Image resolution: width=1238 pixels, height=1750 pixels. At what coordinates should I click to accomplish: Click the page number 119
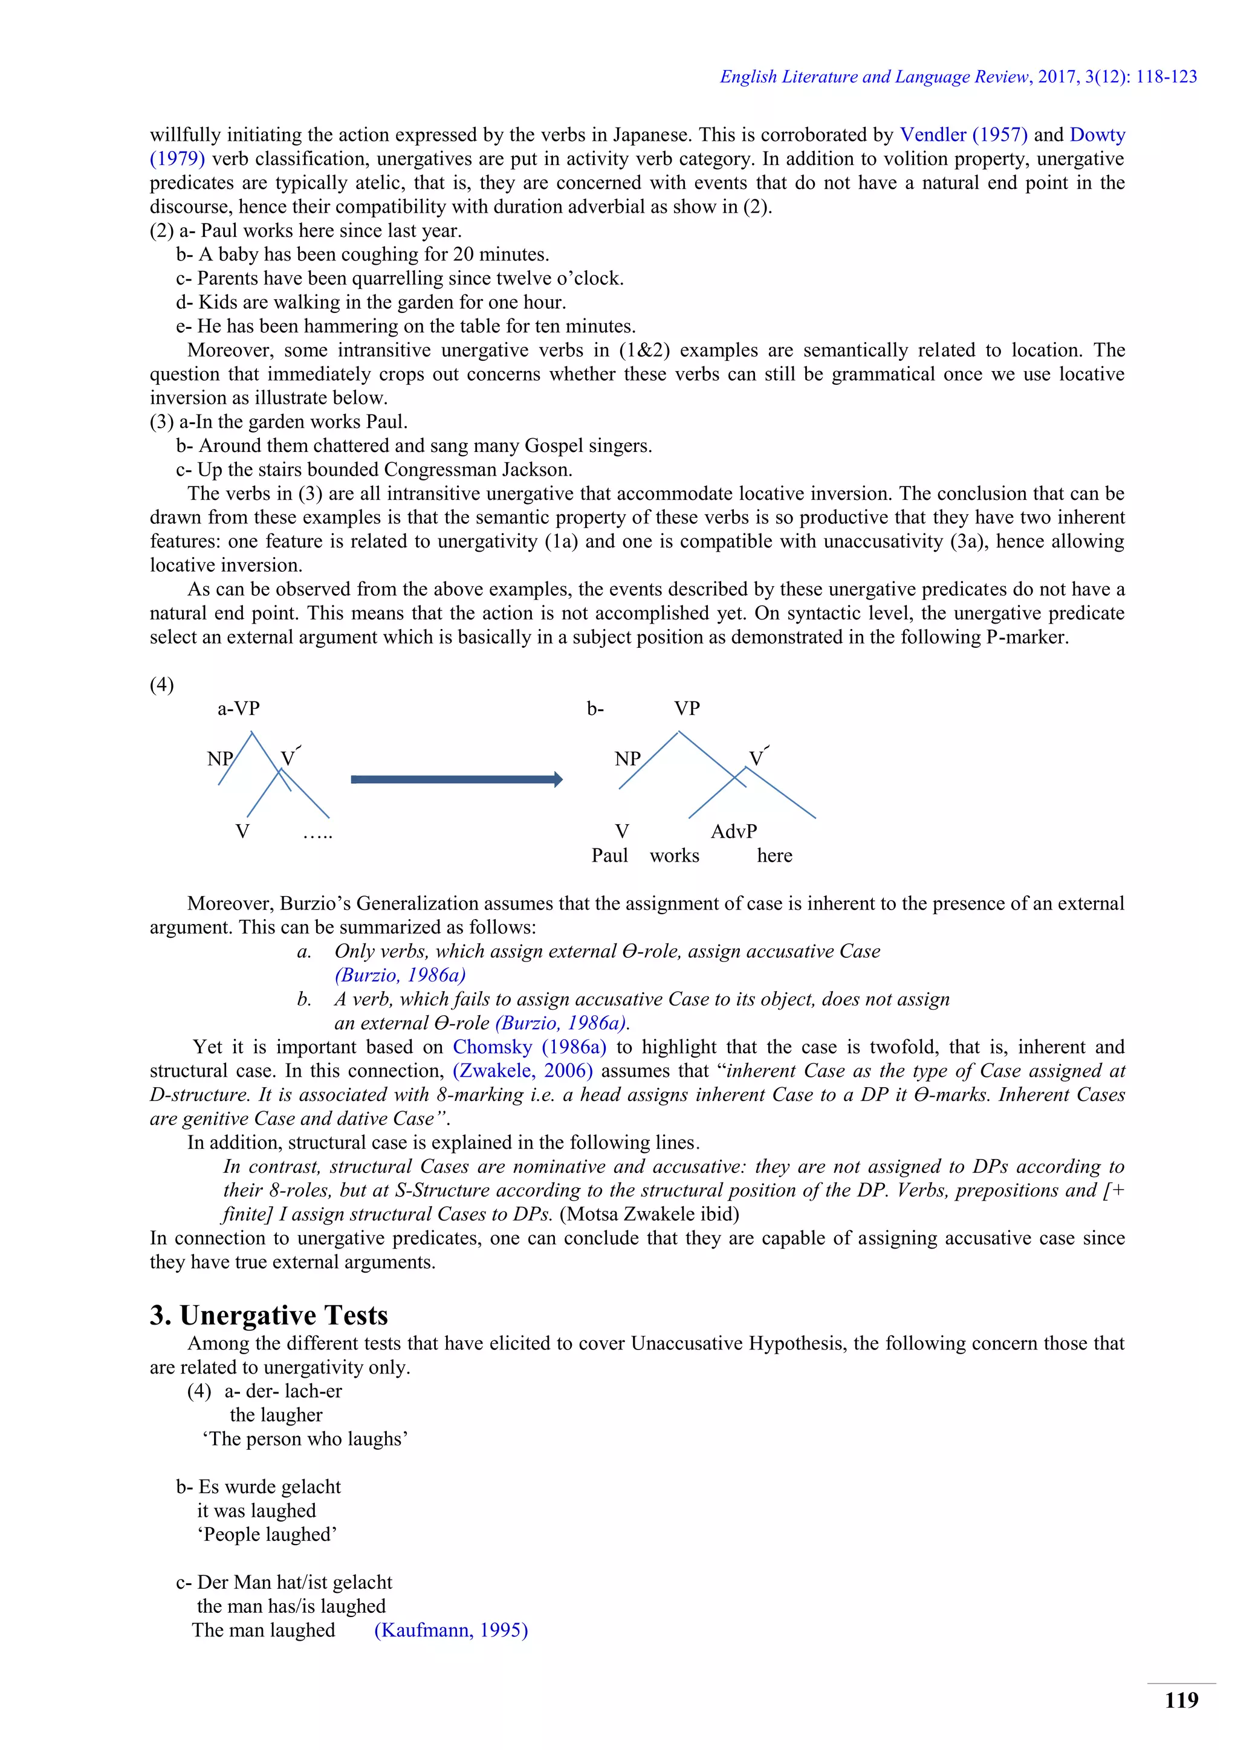tap(1181, 1700)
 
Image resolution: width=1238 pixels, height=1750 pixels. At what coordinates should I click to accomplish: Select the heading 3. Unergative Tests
tap(268, 1315)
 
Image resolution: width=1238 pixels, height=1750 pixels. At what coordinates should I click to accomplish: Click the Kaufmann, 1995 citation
tap(450, 1630)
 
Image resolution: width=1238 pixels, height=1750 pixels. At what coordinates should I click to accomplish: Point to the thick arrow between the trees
tap(456, 779)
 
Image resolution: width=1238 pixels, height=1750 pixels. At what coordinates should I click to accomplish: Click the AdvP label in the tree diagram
tap(733, 831)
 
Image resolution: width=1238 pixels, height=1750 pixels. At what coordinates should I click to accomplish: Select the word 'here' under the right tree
tap(774, 856)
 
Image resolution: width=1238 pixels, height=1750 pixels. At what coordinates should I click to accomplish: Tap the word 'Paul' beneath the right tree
tap(609, 856)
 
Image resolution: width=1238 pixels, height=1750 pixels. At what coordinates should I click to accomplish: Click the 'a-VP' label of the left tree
tap(239, 709)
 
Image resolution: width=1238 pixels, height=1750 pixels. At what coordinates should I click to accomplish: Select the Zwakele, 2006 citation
tap(522, 1071)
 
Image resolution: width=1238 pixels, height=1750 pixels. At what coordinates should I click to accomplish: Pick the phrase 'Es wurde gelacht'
tap(269, 1487)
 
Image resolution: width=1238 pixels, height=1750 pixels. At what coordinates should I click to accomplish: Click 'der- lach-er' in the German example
tap(294, 1391)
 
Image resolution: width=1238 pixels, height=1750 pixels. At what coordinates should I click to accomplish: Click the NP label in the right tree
tap(627, 759)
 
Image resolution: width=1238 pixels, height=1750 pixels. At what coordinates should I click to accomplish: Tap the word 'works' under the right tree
tap(674, 856)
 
